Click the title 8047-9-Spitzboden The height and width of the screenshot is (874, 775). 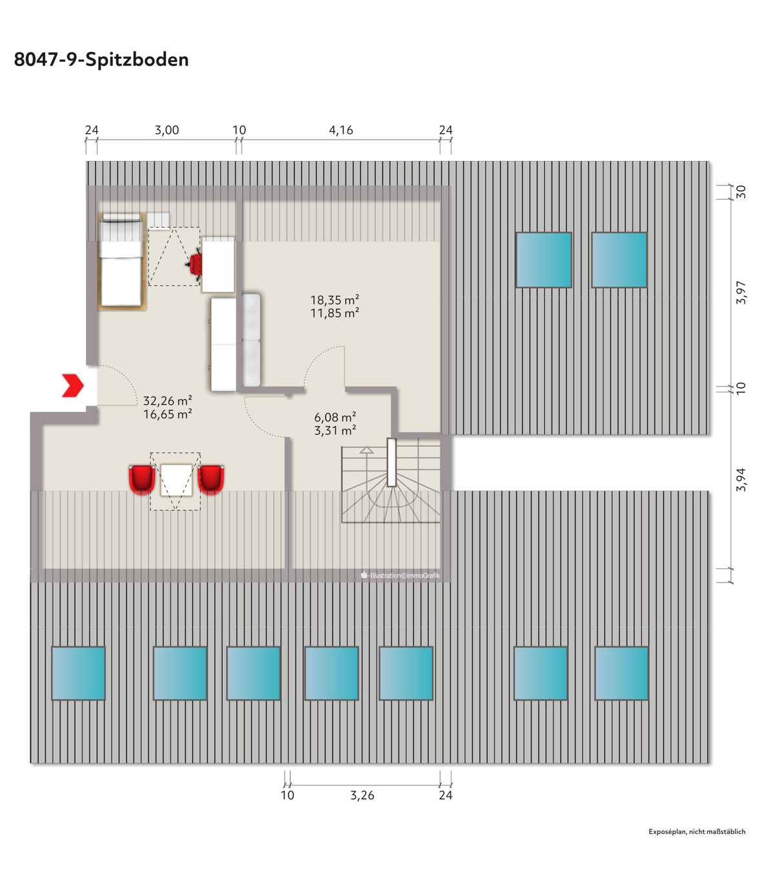tap(101, 59)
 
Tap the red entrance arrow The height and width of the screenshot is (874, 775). tap(73, 385)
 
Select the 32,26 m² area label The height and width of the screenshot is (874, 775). tap(167, 401)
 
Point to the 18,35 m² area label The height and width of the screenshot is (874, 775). tap(335, 300)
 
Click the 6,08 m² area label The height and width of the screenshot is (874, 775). tap(335, 417)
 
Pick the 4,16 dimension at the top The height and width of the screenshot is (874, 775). tap(341, 131)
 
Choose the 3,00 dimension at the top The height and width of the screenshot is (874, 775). tap(167, 131)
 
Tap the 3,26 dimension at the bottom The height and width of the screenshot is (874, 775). tap(362, 795)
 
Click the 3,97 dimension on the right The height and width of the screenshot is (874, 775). tap(741, 292)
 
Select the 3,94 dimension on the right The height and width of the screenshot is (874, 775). tap(741, 480)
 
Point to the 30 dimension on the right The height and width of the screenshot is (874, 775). tap(741, 192)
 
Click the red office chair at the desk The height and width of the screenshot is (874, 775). tap(195, 264)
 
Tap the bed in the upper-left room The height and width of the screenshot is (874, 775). tap(121, 261)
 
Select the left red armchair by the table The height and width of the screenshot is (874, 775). tap(141, 479)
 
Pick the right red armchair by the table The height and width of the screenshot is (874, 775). tap(211, 479)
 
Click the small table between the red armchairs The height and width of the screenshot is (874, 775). tap(176, 480)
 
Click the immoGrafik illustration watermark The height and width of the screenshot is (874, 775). tap(400, 575)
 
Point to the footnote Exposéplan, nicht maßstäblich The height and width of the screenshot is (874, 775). tap(697, 831)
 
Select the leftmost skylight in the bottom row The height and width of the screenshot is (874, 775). tap(78, 673)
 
